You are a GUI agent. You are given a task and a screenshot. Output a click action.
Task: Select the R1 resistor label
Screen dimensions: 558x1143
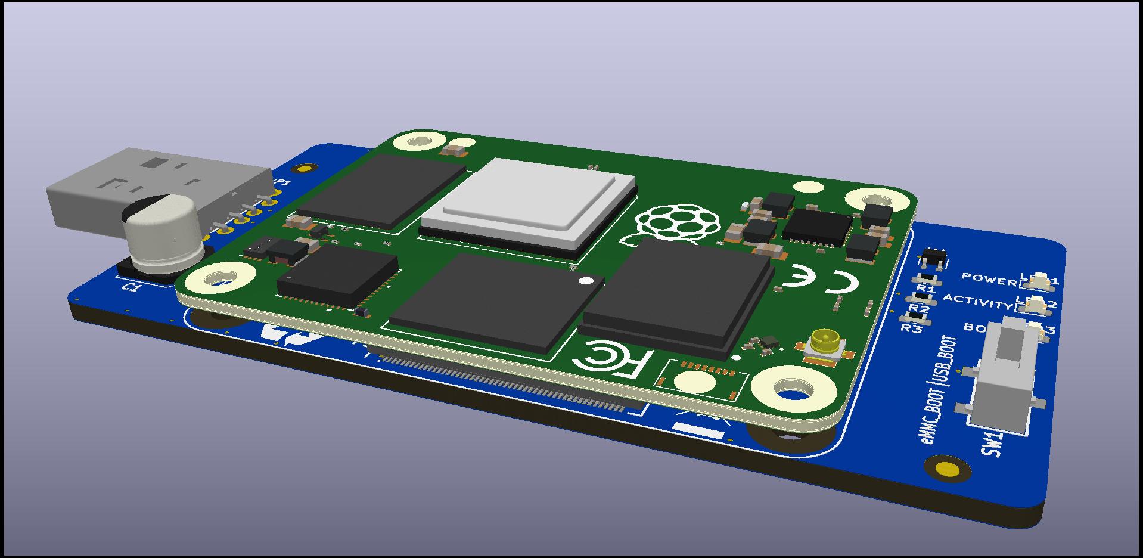coord(925,289)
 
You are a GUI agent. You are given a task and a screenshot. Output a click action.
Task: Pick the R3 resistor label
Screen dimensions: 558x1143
coord(911,328)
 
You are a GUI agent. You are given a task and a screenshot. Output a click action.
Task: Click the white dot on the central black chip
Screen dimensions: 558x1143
coord(586,280)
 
